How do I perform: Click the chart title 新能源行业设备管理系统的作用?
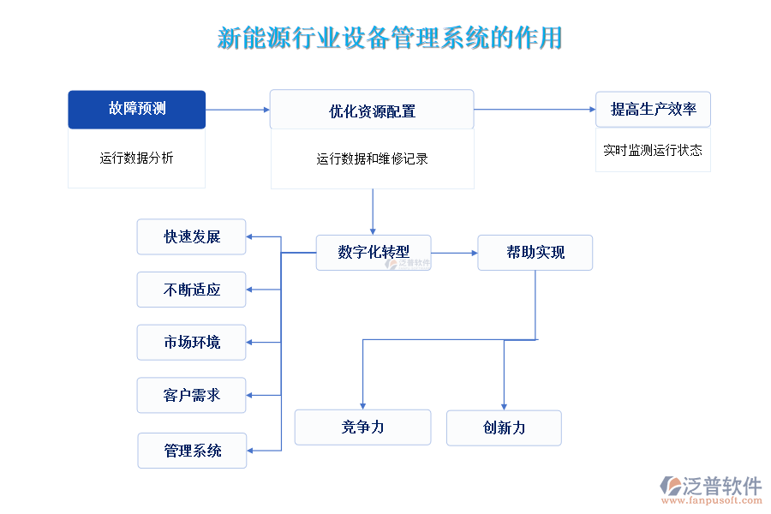pos(390,39)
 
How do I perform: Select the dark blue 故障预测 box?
pos(137,109)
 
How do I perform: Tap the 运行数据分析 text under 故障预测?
pos(137,158)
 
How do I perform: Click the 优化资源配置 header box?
pos(372,111)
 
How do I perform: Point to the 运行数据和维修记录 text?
pos(372,158)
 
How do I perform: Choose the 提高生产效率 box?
pos(653,109)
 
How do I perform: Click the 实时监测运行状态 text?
pos(653,150)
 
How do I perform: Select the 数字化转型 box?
pos(374,252)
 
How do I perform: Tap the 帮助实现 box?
pos(535,252)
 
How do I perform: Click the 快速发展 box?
pos(192,236)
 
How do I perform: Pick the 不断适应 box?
pos(192,290)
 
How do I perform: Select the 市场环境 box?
pos(192,342)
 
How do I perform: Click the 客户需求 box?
pos(192,395)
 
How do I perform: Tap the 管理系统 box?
pos(192,451)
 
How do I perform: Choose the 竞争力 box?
pos(362,427)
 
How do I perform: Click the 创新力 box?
pos(504,427)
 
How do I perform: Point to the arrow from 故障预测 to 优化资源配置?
pos(237,110)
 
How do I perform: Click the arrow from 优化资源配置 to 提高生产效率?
pos(535,110)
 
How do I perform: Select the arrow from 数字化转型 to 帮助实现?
pos(454,253)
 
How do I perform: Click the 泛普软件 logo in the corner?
pos(710,488)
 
